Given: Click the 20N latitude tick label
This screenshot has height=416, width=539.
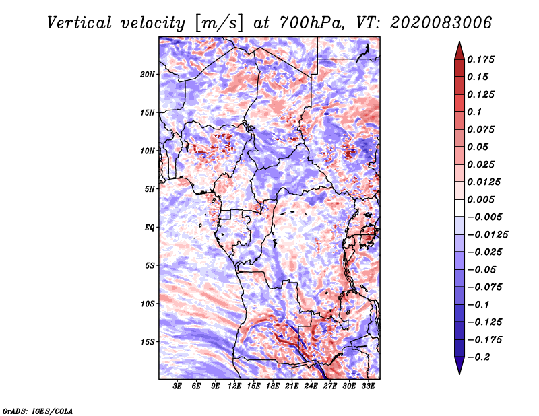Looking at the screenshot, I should (x=148, y=74).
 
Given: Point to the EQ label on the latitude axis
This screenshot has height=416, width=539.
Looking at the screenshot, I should (x=150, y=227).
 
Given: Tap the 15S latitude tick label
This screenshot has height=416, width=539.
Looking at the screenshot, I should (x=148, y=341).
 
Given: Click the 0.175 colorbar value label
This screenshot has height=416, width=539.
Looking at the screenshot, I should (x=482, y=59).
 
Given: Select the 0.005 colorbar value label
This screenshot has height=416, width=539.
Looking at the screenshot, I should (x=482, y=199).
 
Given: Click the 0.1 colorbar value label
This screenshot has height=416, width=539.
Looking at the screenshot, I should (x=476, y=112).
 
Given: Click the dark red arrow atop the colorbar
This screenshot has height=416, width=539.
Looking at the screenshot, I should (x=458, y=50).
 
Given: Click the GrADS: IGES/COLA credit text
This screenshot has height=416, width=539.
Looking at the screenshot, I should (x=38, y=410).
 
